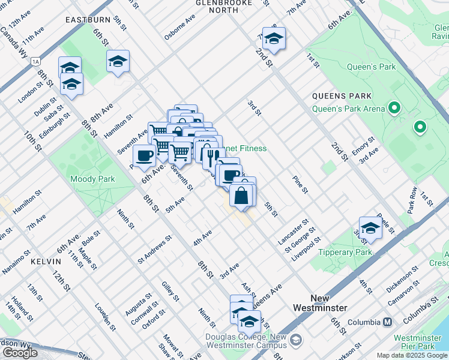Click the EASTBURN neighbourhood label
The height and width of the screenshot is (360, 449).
(88, 20)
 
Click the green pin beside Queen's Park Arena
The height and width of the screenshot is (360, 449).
(394, 109)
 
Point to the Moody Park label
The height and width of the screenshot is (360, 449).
(92, 179)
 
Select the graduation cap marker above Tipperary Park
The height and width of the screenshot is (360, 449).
(370, 229)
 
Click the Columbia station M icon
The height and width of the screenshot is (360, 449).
(388, 322)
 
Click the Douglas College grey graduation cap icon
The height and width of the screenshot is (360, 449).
(296, 340)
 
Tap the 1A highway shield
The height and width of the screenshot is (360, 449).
(37, 61)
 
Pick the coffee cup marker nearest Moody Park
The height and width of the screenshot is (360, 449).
(144, 156)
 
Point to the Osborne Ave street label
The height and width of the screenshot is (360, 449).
(180, 28)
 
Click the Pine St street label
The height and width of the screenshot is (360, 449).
(300, 184)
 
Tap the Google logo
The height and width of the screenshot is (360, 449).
(20, 353)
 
